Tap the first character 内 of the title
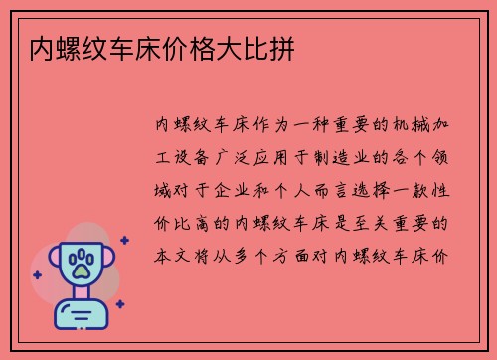[42, 48]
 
